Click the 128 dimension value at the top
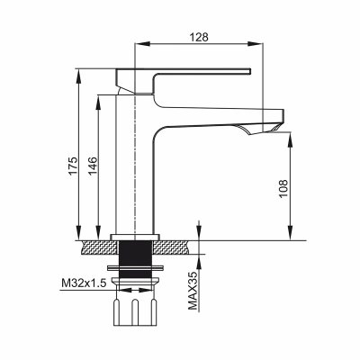(199, 37)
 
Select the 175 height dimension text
(73, 166)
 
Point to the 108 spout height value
(283, 188)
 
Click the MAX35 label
(193, 291)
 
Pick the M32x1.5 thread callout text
(84, 283)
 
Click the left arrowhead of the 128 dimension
(142, 44)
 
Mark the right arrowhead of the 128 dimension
(256, 44)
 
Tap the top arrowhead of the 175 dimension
(79, 76)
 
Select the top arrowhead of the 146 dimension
(98, 103)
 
